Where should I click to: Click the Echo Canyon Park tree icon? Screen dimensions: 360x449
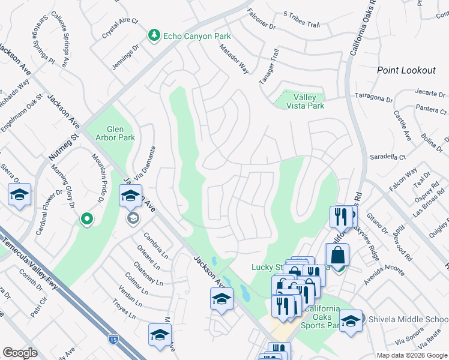[155, 36]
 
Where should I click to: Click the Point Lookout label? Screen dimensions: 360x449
[406, 70]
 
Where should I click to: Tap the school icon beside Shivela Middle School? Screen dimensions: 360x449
[351, 320]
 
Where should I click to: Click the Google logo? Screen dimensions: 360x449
[20, 352]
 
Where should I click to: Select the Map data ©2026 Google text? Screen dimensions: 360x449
[411, 355]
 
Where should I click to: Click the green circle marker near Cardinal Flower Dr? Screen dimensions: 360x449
[87, 220]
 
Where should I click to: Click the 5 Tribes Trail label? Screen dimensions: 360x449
[301, 23]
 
